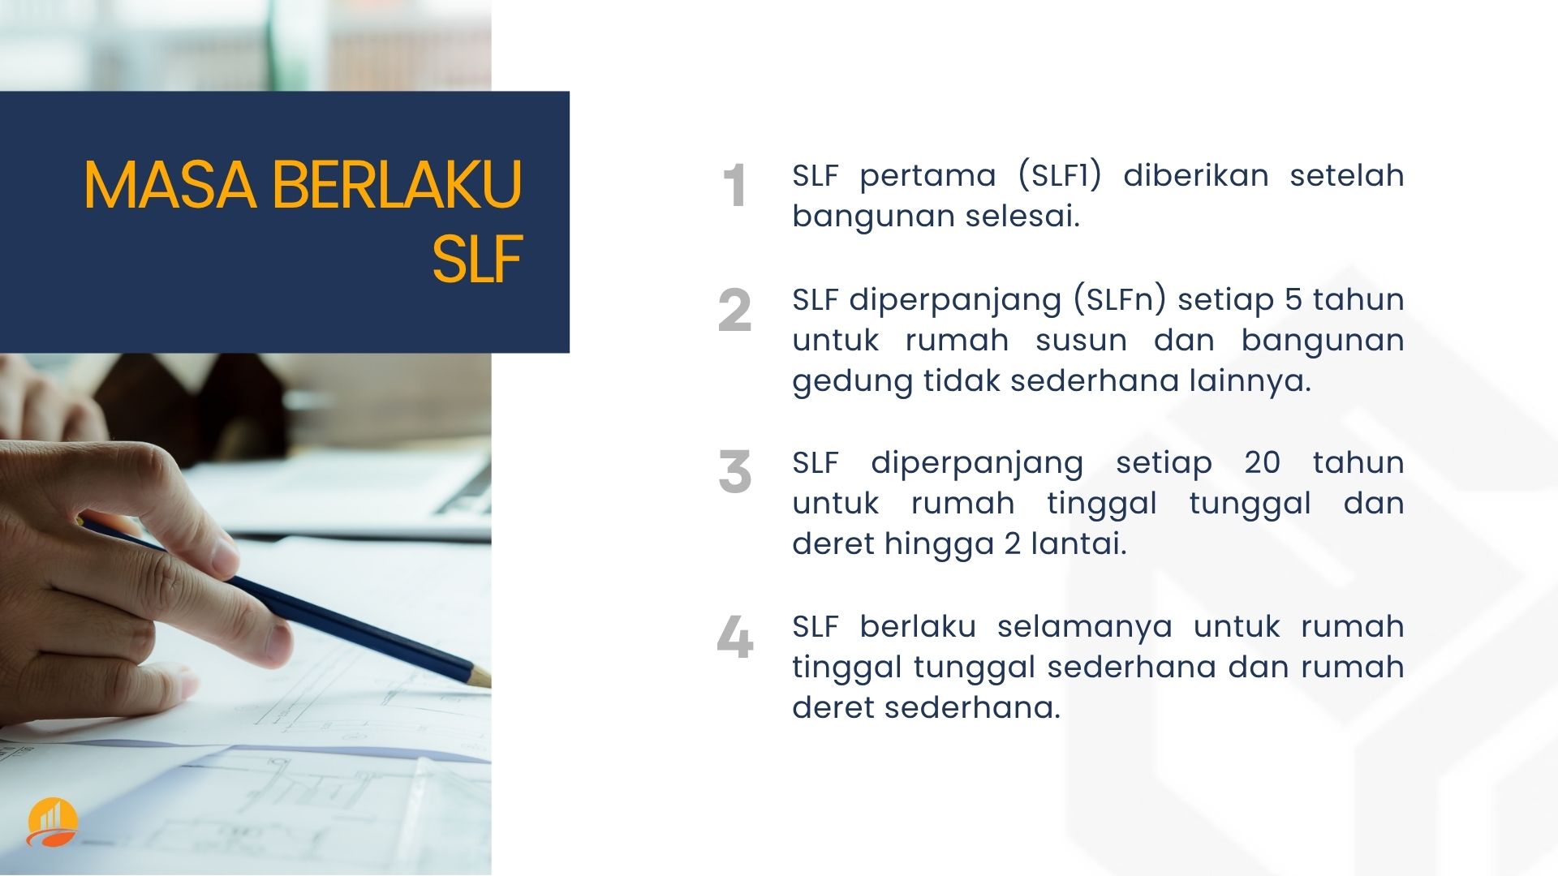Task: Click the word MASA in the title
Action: coord(170,185)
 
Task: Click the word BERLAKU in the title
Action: coord(397,185)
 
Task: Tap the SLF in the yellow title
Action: coord(476,259)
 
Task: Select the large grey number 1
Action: coord(734,186)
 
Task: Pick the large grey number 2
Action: coord(734,310)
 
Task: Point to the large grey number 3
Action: coord(734,472)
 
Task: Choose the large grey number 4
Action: coord(734,636)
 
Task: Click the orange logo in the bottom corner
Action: coord(52,822)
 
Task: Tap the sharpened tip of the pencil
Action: coord(487,679)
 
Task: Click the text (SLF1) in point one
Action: coord(1060,175)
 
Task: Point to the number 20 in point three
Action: coord(1263,462)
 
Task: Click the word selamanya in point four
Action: coord(1085,626)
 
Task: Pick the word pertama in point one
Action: coord(927,176)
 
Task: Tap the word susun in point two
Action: coord(1081,341)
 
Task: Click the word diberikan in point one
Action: coord(1196,175)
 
